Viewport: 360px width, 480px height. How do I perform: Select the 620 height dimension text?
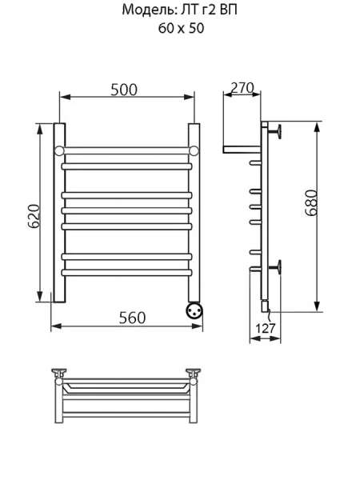pos(34,214)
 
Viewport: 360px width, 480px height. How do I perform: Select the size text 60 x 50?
pos(179,28)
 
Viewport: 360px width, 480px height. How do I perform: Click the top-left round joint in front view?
pos(58,150)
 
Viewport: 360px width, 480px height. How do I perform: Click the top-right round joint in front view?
pos(194,150)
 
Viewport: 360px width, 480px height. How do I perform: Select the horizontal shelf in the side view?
pos(242,149)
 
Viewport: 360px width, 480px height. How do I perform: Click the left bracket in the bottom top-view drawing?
pos(59,373)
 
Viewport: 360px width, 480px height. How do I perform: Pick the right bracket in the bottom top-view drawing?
pos(193,373)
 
